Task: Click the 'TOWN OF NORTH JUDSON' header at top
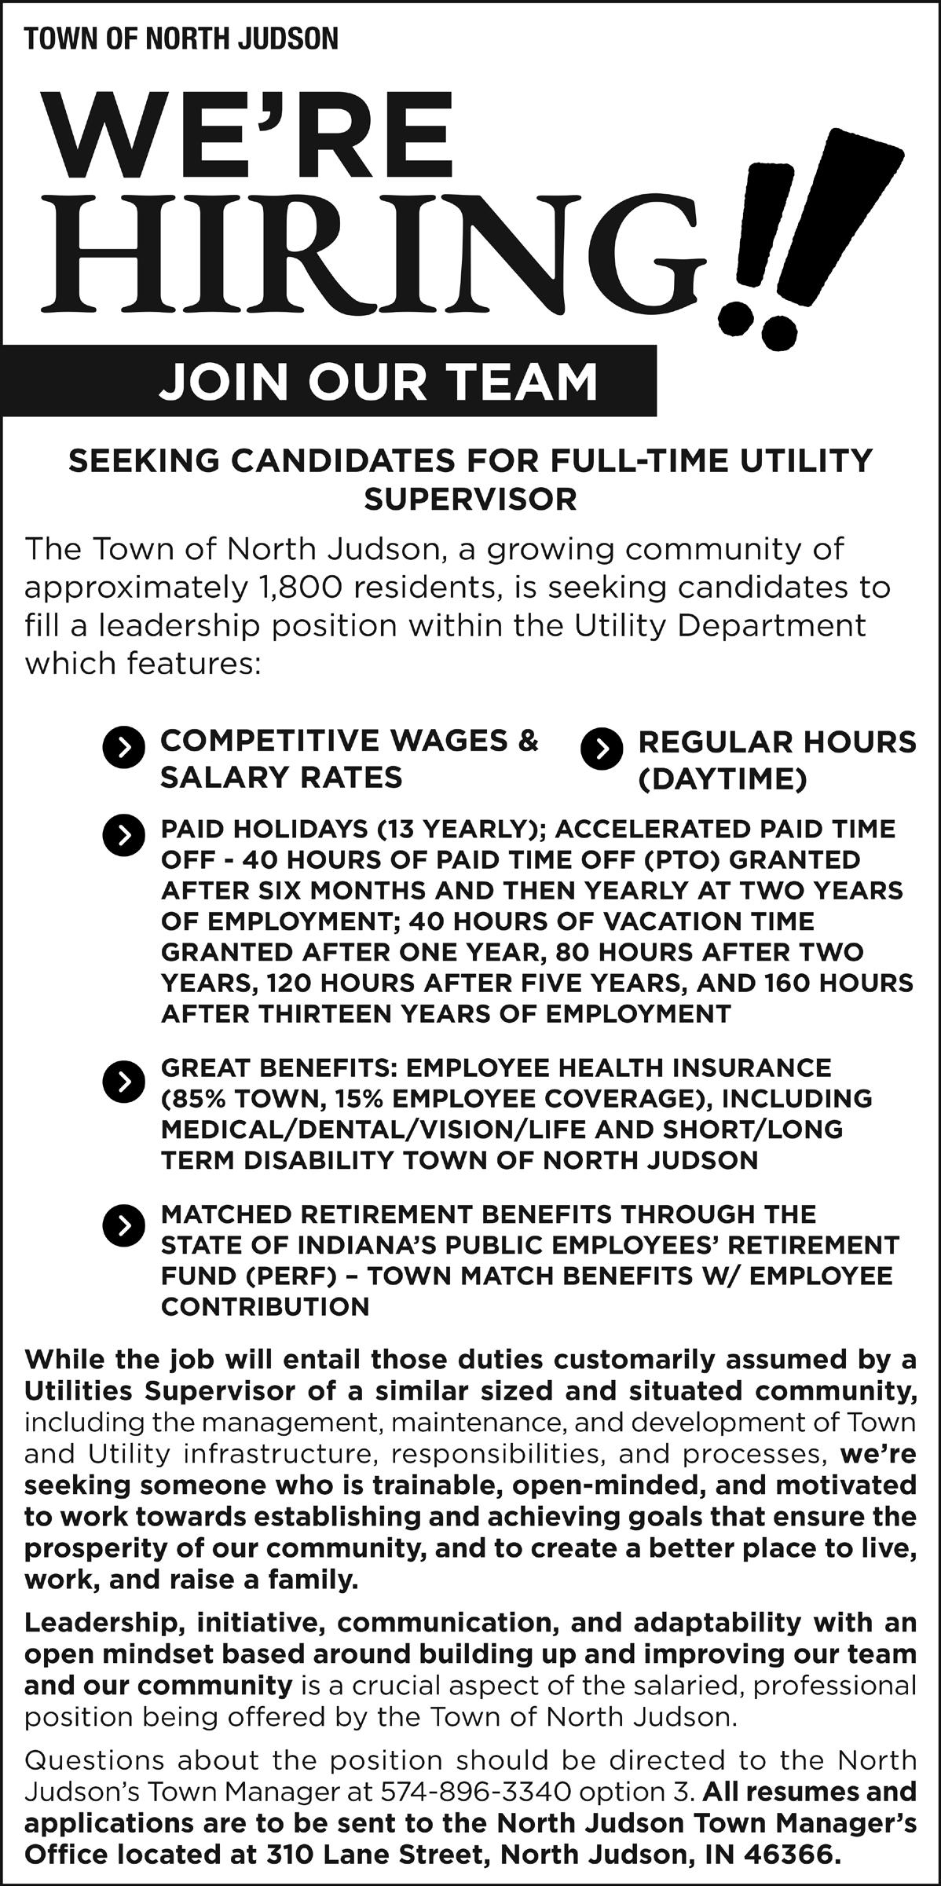coord(181,39)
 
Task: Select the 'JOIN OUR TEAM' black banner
coord(378,382)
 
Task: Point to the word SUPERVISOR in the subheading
coord(470,500)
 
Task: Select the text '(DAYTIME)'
coord(723,779)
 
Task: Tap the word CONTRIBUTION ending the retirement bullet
coord(265,1306)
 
